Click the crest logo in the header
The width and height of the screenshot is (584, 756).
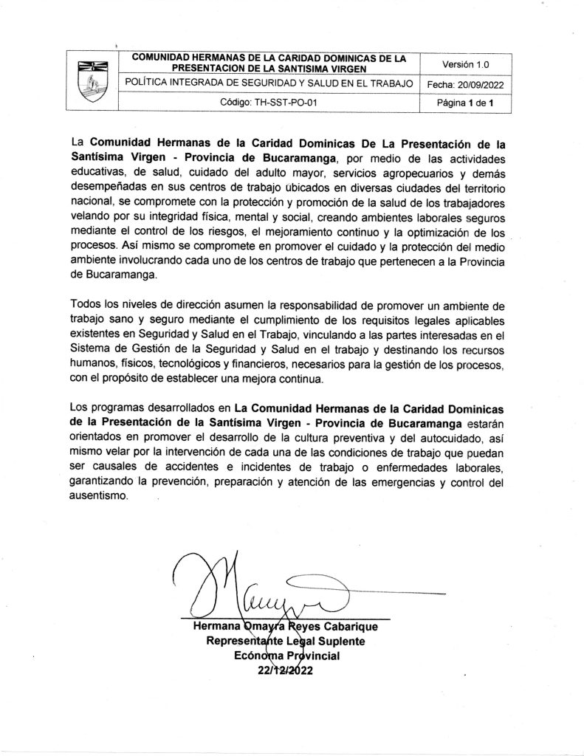93,81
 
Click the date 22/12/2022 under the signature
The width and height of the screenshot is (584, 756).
285,670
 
